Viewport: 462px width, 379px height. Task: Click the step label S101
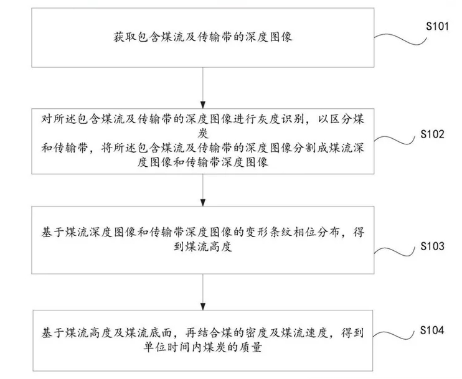click(x=437, y=27)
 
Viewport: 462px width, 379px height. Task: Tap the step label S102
click(x=432, y=134)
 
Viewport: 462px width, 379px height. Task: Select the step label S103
click(x=432, y=246)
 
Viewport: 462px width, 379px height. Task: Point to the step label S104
click(x=432, y=330)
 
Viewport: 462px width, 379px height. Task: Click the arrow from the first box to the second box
click(x=203, y=88)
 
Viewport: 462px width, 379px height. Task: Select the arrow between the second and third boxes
click(x=203, y=190)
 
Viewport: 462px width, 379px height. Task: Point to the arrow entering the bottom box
click(x=203, y=292)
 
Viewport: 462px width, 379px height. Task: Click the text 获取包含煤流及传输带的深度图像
click(x=203, y=37)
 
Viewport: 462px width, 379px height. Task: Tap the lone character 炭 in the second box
click(x=203, y=134)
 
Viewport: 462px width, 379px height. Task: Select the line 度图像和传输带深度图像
click(x=203, y=162)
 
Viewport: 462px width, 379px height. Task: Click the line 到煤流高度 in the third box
click(x=203, y=246)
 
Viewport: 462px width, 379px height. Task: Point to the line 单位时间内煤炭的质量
click(x=203, y=347)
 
